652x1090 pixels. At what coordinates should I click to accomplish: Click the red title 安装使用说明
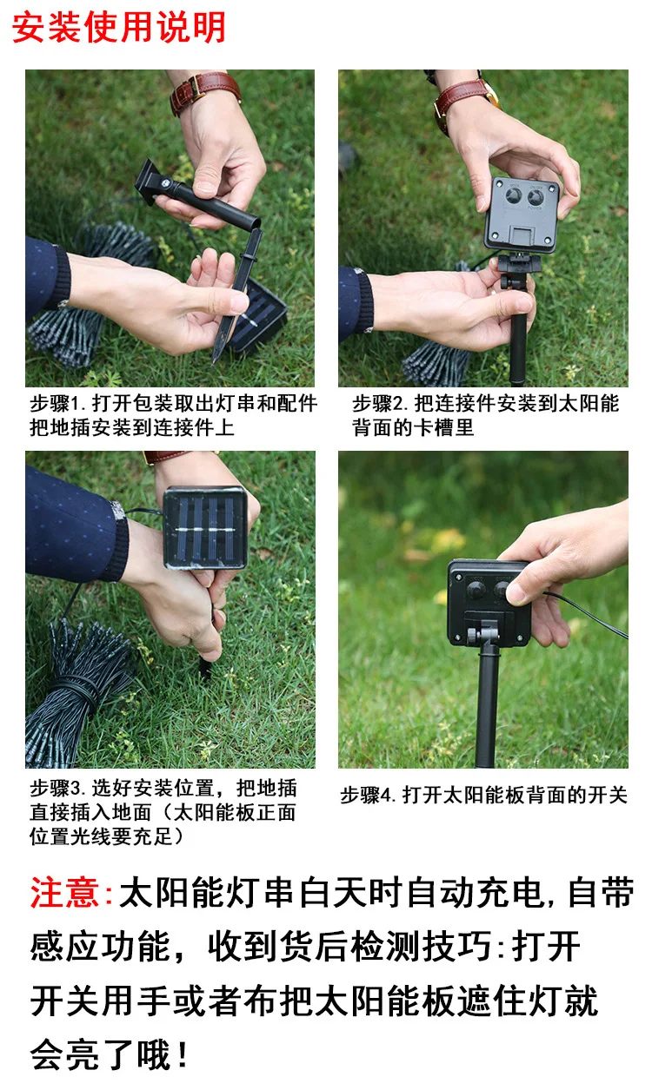point(118,27)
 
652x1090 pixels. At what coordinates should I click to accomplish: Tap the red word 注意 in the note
point(64,892)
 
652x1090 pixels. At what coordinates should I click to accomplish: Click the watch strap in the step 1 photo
point(205,92)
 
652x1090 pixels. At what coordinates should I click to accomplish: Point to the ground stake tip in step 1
point(214,361)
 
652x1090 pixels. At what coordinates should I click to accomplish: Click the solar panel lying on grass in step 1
point(257,316)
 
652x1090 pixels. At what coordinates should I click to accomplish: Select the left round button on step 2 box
point(513,196)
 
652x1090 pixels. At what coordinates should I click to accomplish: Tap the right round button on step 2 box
point(536,197)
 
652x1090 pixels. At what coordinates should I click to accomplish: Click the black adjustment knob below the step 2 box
point(504,282)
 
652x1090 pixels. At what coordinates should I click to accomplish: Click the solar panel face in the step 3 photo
point(205,527)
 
